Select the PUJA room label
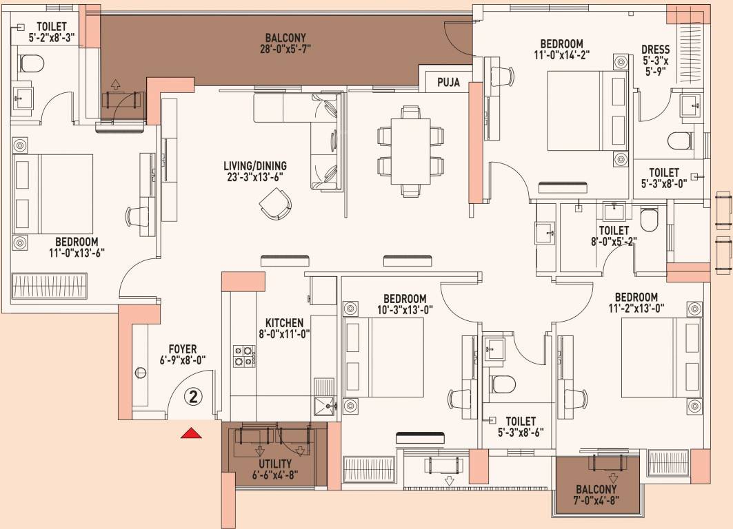pyautogui.click(x=449, y=83)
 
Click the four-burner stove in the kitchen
pyautogui.click(x=245, y=356)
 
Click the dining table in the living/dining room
pyautogui.click(x=411, y=152)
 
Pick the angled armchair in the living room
pyautogui.click(x=275, y=204)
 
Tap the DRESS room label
pyautogui.click(x=655, y=50)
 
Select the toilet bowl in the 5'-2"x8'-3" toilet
pyautogui.click(x=31, y=63)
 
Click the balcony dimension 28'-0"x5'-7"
pyautogui.click(x=285, y=48)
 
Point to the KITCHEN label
pyautogui.click(x=284, y=323)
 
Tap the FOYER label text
pyautogui.click(x=183, y=349)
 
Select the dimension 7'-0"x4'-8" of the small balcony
pyautogui.click(x=596, y=501)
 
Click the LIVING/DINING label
pyautogui.click(x=255, y=166)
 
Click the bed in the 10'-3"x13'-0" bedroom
pyautogui.click(x=384, y=357)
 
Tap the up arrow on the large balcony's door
pyautogui.click(x=116, y=85)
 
